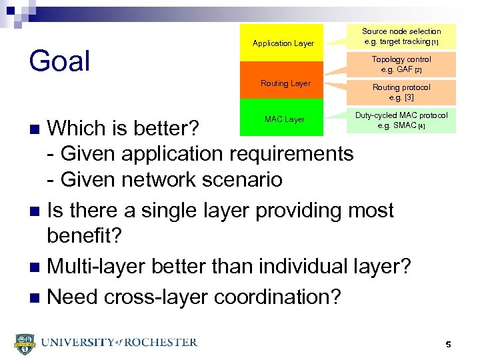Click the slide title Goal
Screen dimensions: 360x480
tap(60, 61)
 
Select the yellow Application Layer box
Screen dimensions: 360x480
tap(283, 43)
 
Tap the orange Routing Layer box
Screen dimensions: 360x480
tap(285, 83)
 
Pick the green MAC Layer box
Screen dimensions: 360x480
tap(284, 119)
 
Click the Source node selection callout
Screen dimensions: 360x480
tap(401, 37)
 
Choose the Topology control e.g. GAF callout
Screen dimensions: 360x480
tap(401, 64)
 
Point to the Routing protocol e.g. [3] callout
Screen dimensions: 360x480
tap(401, 92)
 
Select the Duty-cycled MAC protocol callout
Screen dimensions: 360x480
tap(401, 120)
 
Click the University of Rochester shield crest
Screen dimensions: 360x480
tap(24, 343)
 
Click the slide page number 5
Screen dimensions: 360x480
tap(448, 345)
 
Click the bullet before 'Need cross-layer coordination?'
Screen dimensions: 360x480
tap(37, 297)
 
